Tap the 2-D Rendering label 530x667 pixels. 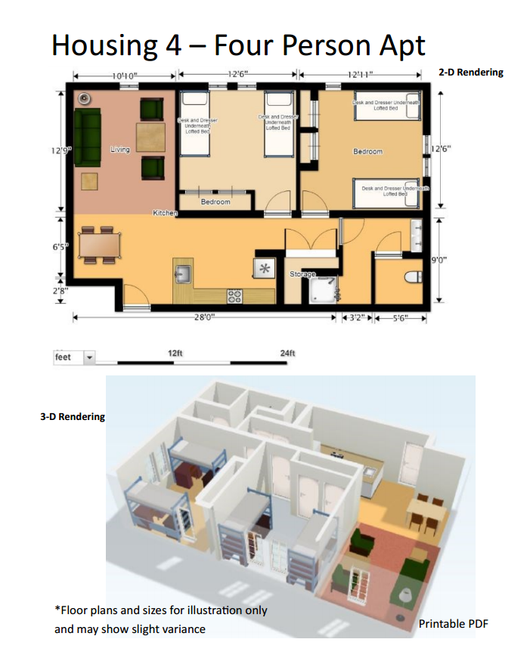(470, 73)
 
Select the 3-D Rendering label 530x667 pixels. (73, 416)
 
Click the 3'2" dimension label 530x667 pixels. (355, 318)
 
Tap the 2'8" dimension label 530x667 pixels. (60, 290)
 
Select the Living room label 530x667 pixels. (119, 150)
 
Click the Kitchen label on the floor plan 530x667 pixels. (165, 214)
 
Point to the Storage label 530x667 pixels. (302, 274)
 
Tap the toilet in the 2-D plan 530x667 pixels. (414, 276)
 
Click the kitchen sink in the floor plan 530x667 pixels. (183, 271)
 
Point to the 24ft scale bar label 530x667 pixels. (287, 354)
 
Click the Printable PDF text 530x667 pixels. (453, 624)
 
